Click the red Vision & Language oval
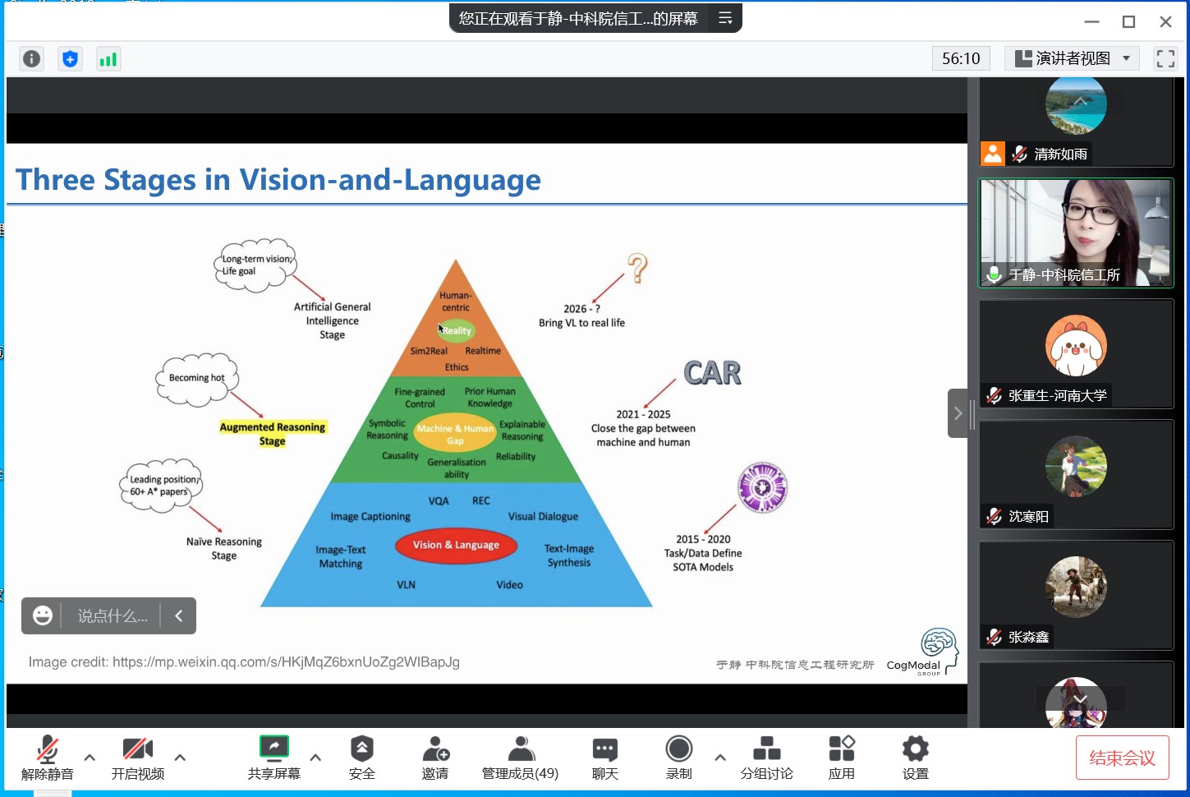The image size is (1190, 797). click(456, 545)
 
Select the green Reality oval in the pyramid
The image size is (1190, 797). click(456, 330)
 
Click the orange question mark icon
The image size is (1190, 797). click(637, 269)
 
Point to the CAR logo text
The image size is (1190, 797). click(712, 373)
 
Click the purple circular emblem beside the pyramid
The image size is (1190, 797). click(762, 487)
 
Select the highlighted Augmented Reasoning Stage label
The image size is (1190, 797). click(273, 434)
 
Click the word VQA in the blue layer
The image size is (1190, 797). click(439, 501)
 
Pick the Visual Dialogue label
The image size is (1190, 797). click(543, 517)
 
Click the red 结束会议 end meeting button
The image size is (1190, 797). click(1122, 758)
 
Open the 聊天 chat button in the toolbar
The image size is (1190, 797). click(605, 758)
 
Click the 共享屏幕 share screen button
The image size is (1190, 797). click(274, 758)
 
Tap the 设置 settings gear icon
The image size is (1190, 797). click(915, 758)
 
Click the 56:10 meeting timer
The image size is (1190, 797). click(961, 58)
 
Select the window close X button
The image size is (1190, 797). click(1165, 22)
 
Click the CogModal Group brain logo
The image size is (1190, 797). click(939, 645)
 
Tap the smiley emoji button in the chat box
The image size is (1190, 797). click(43, 615)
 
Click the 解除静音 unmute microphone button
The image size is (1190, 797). click(48, 758)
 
